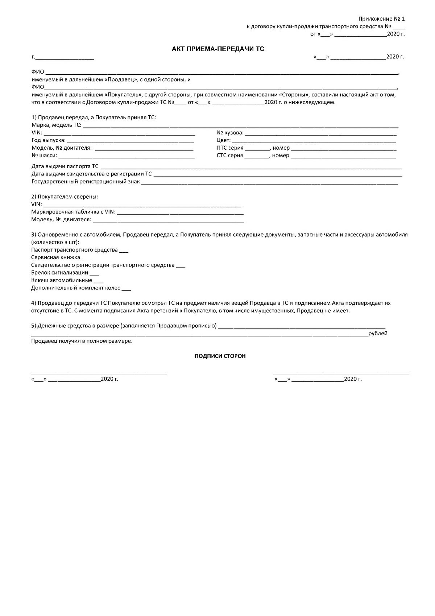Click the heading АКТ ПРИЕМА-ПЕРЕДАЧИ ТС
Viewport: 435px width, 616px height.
coord(218,49)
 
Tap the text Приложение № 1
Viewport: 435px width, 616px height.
coord(381,18)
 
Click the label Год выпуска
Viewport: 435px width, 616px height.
coord(48,140)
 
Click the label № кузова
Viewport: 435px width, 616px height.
coord(230,133)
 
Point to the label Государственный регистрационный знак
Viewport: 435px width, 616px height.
coord(85,182)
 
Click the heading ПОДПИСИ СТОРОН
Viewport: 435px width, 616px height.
coord(220,356)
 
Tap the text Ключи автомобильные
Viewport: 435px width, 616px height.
coord(61,280)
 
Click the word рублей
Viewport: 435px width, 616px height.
coord(378,334)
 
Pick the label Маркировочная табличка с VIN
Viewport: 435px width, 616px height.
coord(73,212)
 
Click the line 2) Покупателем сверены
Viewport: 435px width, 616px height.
coord(65,197)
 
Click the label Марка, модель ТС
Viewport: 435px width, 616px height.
coord(56,125)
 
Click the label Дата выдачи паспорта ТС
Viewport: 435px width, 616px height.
coord(65,166)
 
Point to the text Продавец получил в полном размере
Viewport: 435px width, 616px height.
coord(82,341)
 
